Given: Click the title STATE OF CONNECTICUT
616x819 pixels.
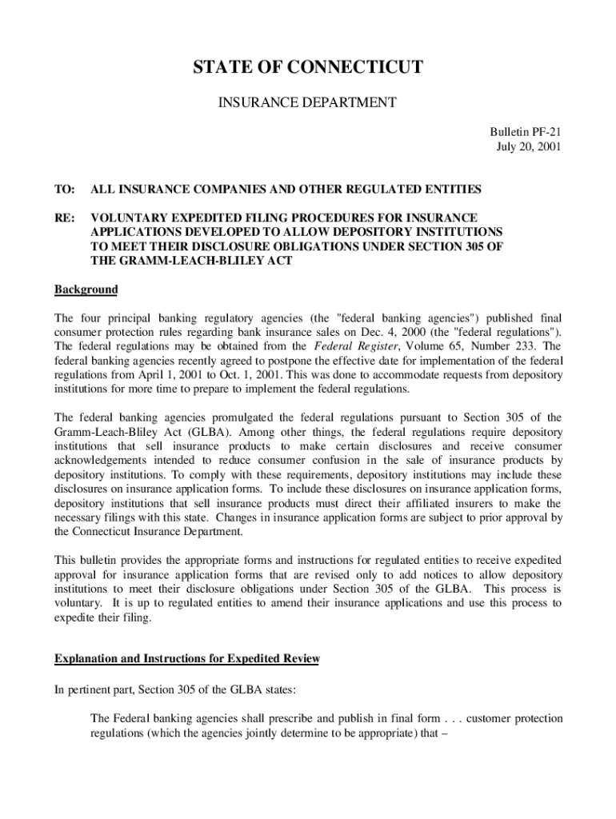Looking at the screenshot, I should coord(308,68).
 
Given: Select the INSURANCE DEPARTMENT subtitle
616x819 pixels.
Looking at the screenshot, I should coord(308,102).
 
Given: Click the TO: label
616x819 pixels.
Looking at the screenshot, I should coord(64,190).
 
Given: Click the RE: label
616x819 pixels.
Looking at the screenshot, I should coord(64,218).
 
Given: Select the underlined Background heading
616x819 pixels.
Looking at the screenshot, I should coord(86,290).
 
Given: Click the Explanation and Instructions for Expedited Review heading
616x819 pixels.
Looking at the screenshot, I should coord(186,659).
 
